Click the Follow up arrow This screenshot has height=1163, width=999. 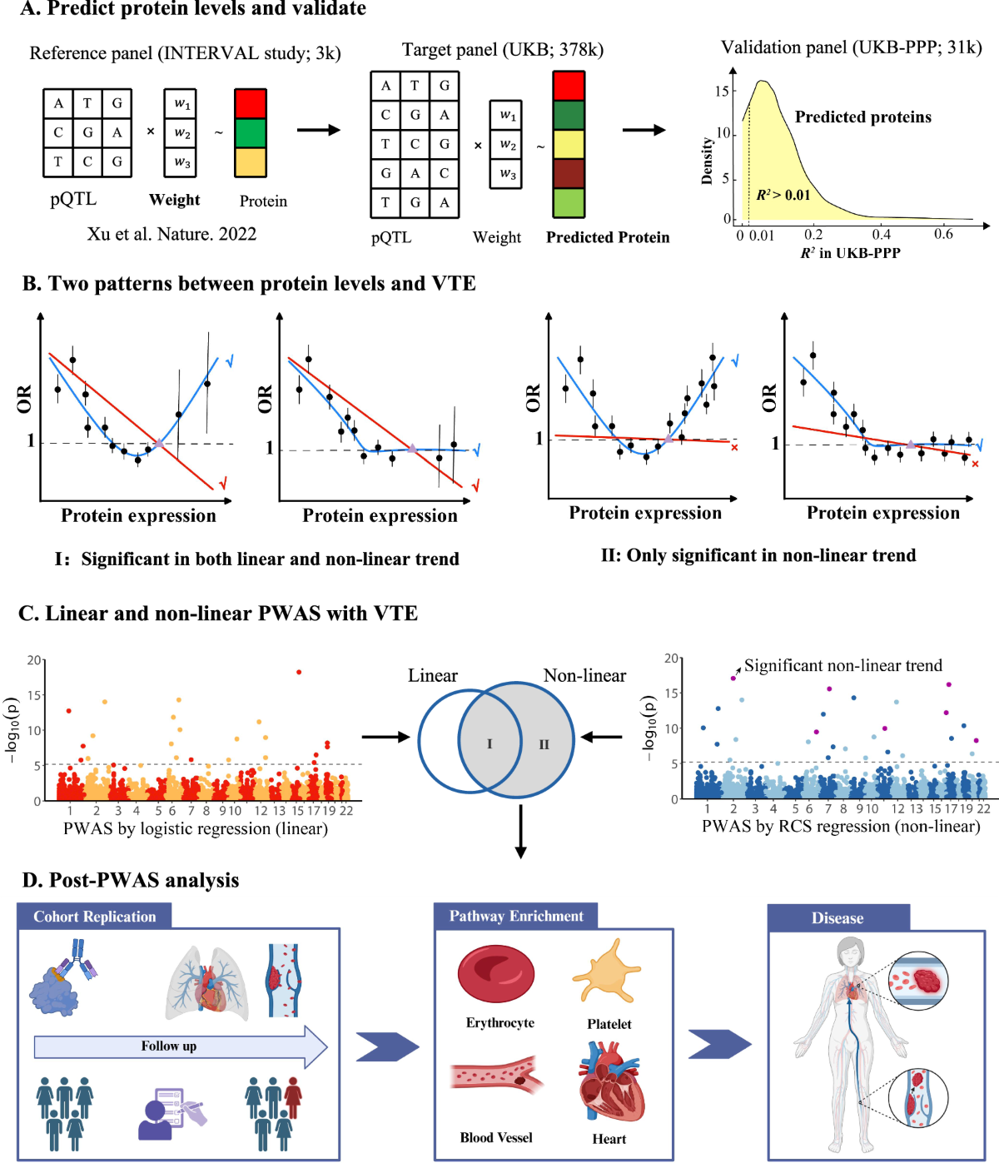pyautogui.click(x=180, y=1046)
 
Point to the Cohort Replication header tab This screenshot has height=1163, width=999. pyautogui.click(x=94, y=917)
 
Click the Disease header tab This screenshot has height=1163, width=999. pyautogui.click(x=837, y=918)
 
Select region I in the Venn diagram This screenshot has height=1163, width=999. pyautogui.click(x=490, y=744)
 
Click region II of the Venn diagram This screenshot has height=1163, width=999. pyautogui.click(x=544, y=744)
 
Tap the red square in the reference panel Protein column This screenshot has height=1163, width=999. pyautogui.click(x=251, y=104)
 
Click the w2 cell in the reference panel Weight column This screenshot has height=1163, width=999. pyautogui.click(x=181, y=133)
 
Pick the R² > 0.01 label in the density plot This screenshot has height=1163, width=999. pyautogui.click(x=783, y=195)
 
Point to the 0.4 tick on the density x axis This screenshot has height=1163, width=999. pyautogui.click(x=882, y=235)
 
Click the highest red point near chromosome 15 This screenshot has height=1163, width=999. pyautogui.click(x=299, y=672)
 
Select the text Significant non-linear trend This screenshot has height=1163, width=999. pyautogui.click(x=842, y=666)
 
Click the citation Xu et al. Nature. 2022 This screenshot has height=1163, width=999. pyautogui.click(x=171, y=234)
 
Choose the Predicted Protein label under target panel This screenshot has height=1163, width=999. pyautogui.click(x=608, y=237)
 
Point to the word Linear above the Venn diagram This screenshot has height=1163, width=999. pyautogui.click(x=433, y=675)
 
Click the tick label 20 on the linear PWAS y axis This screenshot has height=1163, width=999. pyautogui.click(x=34, y=660)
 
